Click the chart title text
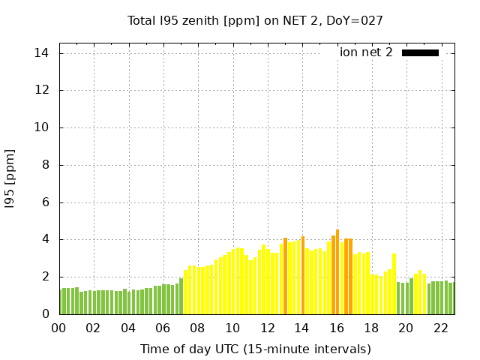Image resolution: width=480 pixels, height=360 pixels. pyautogui.click(x=255, y=20)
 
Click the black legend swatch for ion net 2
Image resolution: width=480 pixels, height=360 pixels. pyautogui.click(x=420, y=52)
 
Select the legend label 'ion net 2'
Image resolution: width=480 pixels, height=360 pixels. pyautogui.click(x=366, y=52)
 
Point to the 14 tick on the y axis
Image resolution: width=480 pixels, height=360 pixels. pyautogui.click(x=41, y=53)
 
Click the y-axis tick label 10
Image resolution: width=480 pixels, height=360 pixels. pyautogui.click(x=41, y=127)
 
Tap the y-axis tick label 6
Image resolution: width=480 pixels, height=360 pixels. pyautogui.click(x=45, y=202)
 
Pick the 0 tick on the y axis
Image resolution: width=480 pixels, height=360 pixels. pyautogui.click(x=45, y=314)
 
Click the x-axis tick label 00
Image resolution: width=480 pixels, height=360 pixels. pyautogui.click(x=58, y=328)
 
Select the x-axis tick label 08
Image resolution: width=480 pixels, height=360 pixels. pyautogui.click(x=198, y=328)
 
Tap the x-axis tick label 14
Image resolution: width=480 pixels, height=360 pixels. pyautogui.click(x=302, y=328)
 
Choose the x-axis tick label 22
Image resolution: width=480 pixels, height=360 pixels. pyautogui.click(x=441, y=328)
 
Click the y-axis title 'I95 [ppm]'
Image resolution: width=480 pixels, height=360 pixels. pyautogui.click(x=10, y=178)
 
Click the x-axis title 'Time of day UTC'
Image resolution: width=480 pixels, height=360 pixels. pyautogui.click(x=255, y=349)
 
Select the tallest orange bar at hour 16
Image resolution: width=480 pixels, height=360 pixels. pyautogui.click(x=337, y=271)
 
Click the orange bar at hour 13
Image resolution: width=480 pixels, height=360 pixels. pyautogui.click(x=285, y=276)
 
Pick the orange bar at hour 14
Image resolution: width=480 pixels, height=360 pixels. pyautogui.click(x=302, y=275)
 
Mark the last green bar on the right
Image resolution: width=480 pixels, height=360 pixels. pyautogui.click(x=451, y=298)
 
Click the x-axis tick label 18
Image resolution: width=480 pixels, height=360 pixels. pyautogui.click(x=371, y=328)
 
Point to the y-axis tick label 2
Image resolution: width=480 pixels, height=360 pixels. pyautogui.click(x=45, y=277)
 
